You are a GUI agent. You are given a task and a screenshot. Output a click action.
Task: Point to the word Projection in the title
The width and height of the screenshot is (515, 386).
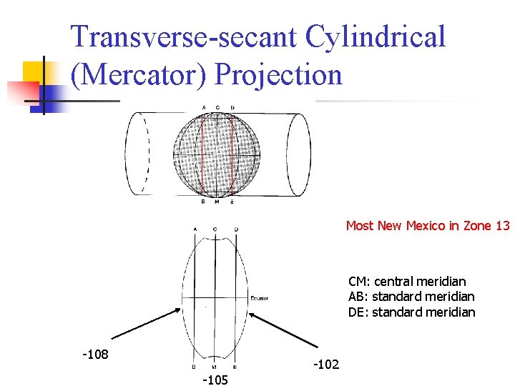[x=278, y=74]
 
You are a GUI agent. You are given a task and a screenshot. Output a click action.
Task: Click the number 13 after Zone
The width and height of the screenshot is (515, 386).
[x=502, y=226]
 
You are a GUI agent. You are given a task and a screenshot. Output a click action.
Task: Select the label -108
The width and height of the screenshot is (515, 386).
[x=95, y=354]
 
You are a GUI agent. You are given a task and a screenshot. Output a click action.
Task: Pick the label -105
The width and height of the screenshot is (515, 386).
[x=215, y=380]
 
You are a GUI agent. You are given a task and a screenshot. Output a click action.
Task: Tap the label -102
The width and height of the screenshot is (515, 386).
[x=326, y=365]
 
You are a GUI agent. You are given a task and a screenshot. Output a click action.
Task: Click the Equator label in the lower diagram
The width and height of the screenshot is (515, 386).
[x=260, y=298]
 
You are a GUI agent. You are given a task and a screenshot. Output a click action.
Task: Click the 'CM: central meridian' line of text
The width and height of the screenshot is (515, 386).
[x=407, y=282]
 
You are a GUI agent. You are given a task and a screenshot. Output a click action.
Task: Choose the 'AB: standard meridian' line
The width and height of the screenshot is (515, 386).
[x=411, y=297]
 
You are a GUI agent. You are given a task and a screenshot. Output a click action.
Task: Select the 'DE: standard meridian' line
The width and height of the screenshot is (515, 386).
[x=411, y=312]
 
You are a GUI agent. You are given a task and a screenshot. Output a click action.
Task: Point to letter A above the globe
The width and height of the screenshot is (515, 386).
[x=204, y=108]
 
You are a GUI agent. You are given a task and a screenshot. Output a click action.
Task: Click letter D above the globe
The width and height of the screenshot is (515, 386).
[x=232, y=108]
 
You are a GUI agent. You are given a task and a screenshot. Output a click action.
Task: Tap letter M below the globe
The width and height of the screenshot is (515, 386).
[x=217, y=202]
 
